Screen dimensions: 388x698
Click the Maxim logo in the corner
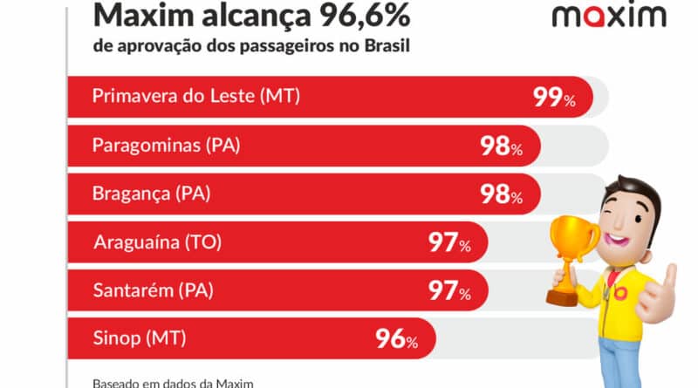pyautogui.click(x=609, y=16)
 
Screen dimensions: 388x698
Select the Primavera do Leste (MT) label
pyautogui.click(x=196, y=97)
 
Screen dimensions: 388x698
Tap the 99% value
pyautogui.click(x=554, y=98)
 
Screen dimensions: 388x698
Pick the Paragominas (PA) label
pyautogui.click(x=166, y=146)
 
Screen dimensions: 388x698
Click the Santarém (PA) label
pyautogui.click(x=153, y=289)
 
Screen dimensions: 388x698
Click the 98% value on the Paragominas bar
pyautogui.click(x=501, y=146)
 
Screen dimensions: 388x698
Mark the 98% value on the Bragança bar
pyautogui.click(x=501, y=194)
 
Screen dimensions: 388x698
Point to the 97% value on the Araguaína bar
pyautogui.click(x=448, y=242)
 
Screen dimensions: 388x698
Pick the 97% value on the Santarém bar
pyautogui.click(x=448, y=290)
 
